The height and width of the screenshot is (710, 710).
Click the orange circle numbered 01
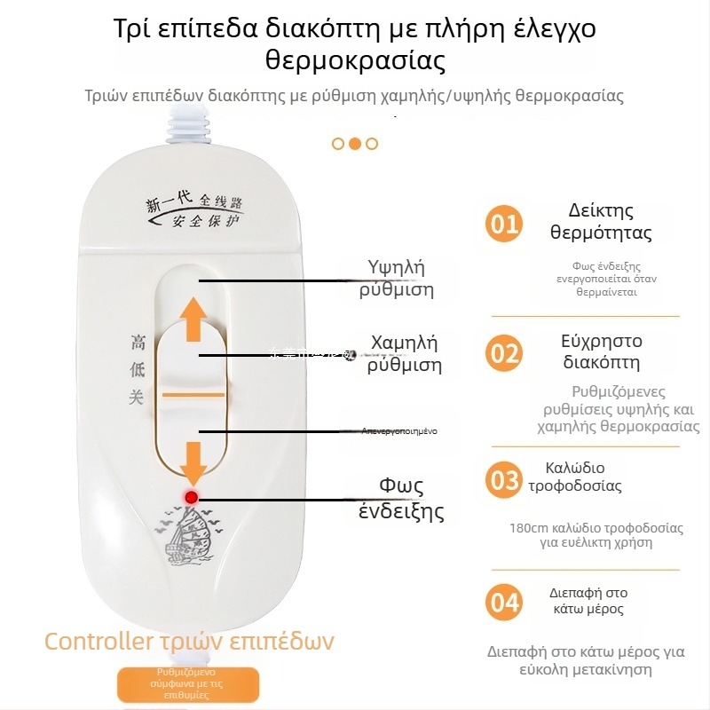pyautogui.click(x=504, y=223)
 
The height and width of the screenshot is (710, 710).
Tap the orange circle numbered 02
pyautogui.click(x=504, y=353)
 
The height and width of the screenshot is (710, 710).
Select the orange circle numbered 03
pyautogui.click(x=504, y=480)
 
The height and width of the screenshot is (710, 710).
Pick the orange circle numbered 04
pyautogui.click(x=504, y=603)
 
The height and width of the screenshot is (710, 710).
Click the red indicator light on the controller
pyautogui.click(x=190, y=497)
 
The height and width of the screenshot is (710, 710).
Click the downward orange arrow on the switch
pyautogui.click(x=193, y=458)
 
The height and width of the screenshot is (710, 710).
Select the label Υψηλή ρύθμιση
pyautogui.click(x=396, y=279)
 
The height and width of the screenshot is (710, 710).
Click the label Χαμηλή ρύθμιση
pyautogui.click(x=404, y=354)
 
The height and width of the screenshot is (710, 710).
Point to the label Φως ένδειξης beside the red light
pyautogui.click(x=401, y=499)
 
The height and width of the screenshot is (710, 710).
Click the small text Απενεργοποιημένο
pyautogui.click(x=398, y=430)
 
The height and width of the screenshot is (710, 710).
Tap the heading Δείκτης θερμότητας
pyautogui.click(x=601, y=222)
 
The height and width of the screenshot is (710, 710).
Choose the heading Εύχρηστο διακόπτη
pyautogui.click(x=601, y=351)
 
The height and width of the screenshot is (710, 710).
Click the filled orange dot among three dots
pyautogui.click(x=354, y=143)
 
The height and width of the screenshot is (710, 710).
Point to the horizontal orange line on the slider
pyautogui.click(x=193, y=391)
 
